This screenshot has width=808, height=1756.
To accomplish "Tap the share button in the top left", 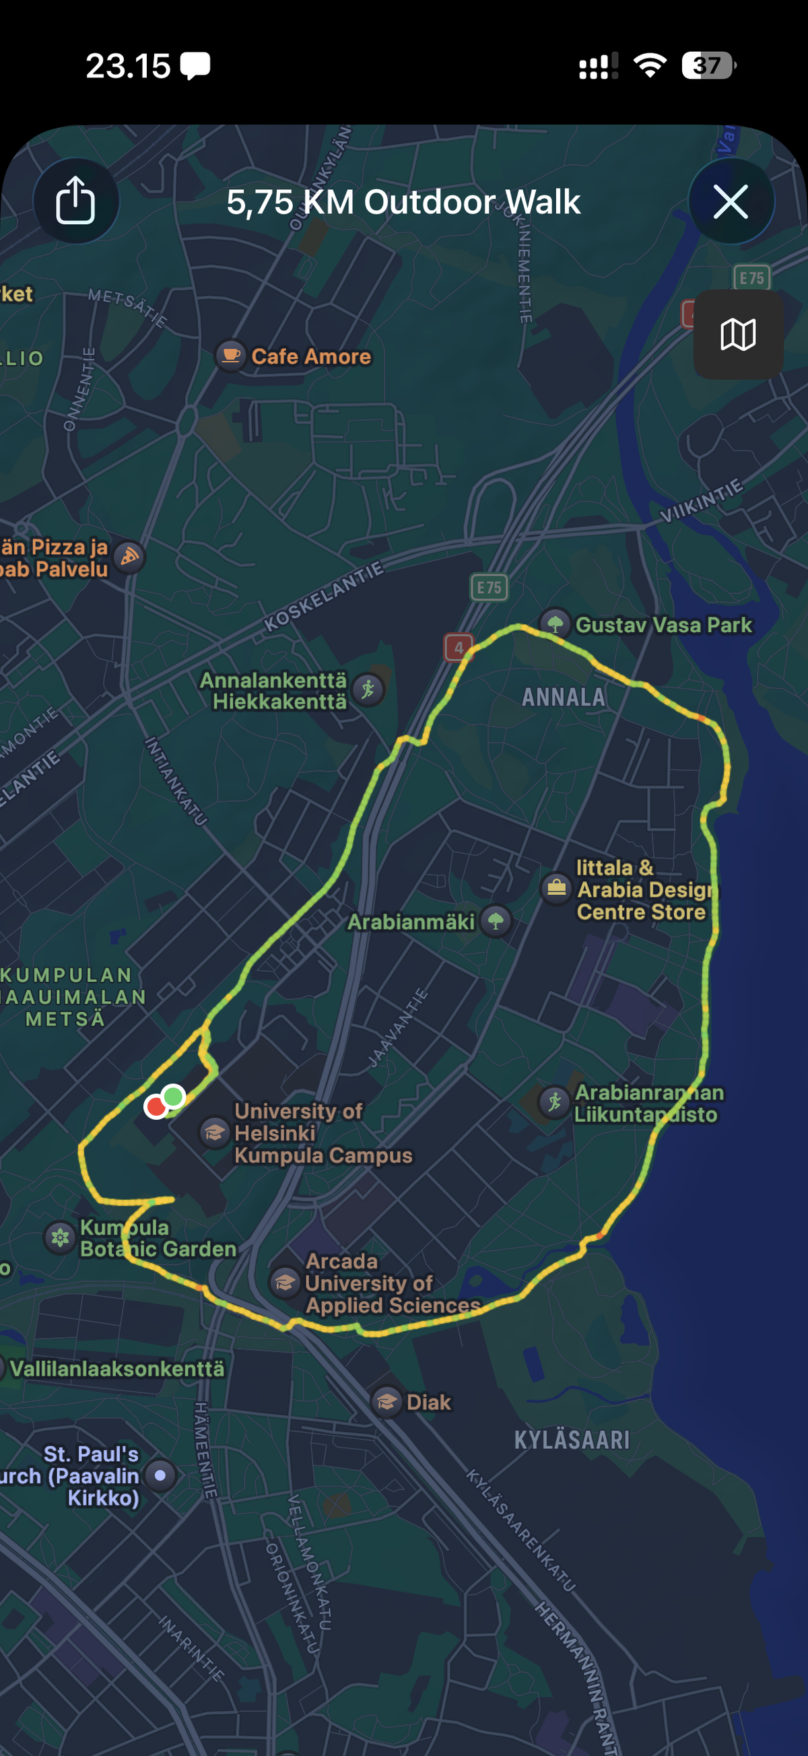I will click(x=75, y=201).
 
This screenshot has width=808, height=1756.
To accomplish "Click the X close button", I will click(x=731, y=201).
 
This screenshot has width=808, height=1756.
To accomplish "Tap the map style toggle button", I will click(x=738, y=335).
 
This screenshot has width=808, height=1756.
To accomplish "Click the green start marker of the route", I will click(x=174, y=1097).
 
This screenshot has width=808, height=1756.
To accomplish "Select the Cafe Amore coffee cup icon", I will click(x=231, y=355).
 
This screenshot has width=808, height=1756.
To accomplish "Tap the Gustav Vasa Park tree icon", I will click(x=555, y=623).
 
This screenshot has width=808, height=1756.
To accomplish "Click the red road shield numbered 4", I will click(x=459, y=648).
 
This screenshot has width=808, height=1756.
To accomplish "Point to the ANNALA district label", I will click(x=563, y=698).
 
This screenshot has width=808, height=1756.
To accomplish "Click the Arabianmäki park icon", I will click(x=496, y=922).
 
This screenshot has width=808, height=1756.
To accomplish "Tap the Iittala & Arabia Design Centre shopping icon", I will click(x=556, y=888).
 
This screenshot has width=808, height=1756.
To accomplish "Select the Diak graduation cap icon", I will click(x=386, y=1403).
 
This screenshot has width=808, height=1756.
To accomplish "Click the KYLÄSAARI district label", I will click(x=572, y=1440).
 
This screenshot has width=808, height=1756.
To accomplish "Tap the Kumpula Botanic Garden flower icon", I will click(x=60, y=1238).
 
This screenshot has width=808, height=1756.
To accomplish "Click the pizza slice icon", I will click(x=129, y=558).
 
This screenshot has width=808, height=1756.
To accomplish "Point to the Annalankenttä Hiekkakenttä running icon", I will click(x=369, y=689).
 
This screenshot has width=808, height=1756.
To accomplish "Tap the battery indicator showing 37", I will click(x=708, y=65).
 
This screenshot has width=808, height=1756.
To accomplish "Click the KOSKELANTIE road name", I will click(x=324, y=597).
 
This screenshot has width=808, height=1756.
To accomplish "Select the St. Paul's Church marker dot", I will click(x=160, y=1475).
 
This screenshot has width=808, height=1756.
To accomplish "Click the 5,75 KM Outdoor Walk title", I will click(x=403, y=203).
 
